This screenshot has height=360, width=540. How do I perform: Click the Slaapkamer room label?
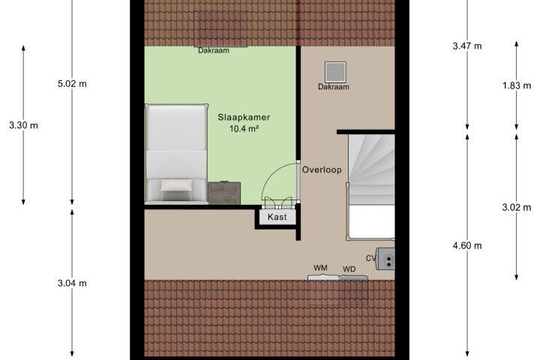244,117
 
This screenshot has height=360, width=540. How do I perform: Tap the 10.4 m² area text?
244,129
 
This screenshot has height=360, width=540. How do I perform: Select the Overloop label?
322,169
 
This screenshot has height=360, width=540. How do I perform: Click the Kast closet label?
277,217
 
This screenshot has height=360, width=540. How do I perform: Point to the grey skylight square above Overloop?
335,72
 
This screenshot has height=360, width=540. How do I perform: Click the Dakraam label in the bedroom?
214,50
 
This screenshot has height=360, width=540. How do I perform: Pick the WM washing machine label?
320,268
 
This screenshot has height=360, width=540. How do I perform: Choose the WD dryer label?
349,269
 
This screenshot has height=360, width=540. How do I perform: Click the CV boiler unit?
385,259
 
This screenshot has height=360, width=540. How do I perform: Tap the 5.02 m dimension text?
72,84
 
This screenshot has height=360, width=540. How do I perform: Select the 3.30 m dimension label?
24,125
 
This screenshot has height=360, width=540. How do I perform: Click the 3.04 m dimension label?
72,283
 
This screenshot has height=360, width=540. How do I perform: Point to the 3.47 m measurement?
467,46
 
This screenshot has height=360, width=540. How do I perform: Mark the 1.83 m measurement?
517,85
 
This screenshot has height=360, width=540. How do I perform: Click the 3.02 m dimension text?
517,207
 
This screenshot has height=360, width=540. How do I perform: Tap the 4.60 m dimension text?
467,246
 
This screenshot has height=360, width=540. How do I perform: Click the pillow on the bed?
176,186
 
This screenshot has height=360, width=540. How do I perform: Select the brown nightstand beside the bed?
224,193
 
